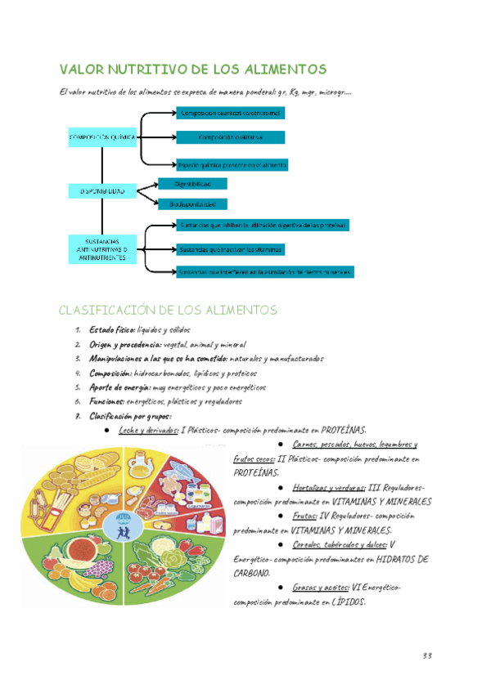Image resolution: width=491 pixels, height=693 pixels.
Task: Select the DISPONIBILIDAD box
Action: click(x=101, y=191)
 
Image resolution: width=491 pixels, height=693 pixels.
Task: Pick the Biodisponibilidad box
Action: click(x=193, y=203)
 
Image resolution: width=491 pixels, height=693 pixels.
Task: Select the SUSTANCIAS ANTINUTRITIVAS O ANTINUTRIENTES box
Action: click(x=101, y=249)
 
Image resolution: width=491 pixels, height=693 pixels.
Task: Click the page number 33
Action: click(x=427, y=656)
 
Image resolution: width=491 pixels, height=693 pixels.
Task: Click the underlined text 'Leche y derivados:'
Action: click(x=148, y=430)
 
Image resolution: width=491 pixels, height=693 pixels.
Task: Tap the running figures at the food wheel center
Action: click(x=124, y=528)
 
